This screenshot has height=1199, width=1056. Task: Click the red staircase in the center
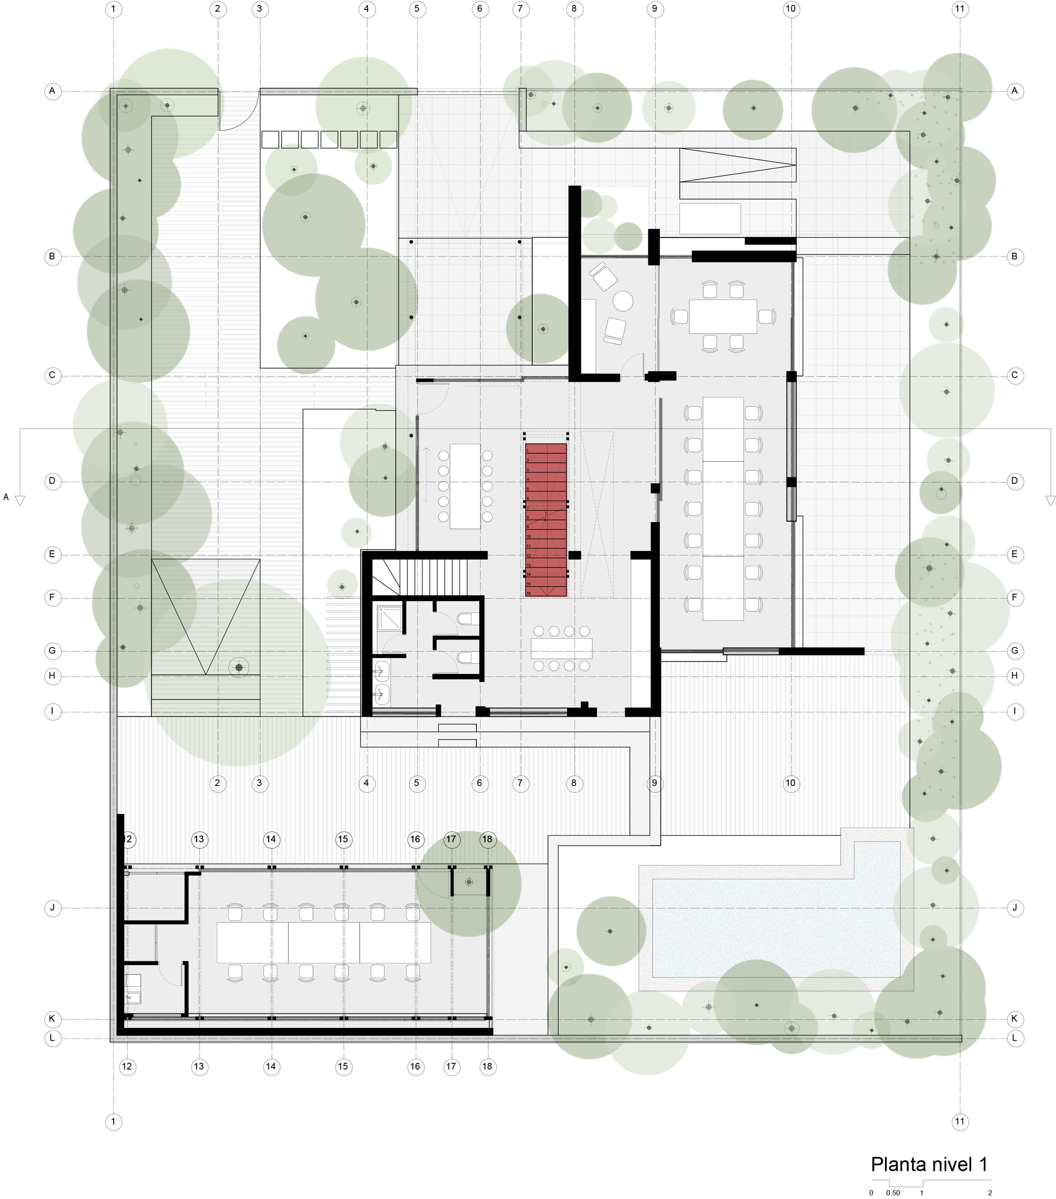pos(546,520)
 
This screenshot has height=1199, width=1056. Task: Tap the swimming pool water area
pos(776,928)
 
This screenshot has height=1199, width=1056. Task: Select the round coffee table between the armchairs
pos(623,302)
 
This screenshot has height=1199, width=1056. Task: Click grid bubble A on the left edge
pos(53,91)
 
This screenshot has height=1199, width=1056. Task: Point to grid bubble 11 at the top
pos(959,9)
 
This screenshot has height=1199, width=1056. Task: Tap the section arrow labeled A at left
pos(20,500)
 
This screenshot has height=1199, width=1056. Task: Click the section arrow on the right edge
pos(1050,500)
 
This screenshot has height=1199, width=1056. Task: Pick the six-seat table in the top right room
pos(723,316)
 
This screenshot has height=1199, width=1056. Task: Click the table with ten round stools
pos(465,486)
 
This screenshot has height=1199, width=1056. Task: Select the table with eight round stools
pos(561,648)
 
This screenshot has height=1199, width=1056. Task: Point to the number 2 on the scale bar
pos(990,1193)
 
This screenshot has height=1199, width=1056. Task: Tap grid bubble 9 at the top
pos(654,9)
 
